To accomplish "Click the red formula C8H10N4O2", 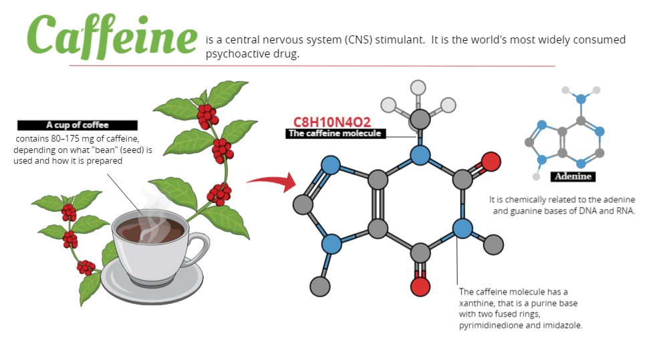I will tap(332, 122).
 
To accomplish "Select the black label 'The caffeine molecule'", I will tap(334, 134).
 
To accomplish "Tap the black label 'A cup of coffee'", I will tap(78, 125).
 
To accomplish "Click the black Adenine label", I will tap(573, 177).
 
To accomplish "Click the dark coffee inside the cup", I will tap(150, 230).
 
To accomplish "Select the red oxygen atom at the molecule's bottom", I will tap(420, 286).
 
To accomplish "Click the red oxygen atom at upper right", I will tap(491, 161).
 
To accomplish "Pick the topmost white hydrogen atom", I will tap(418, 87).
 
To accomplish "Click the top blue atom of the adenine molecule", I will tap(581, 99).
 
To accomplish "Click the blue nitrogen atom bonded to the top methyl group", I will tap(420, 156).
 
